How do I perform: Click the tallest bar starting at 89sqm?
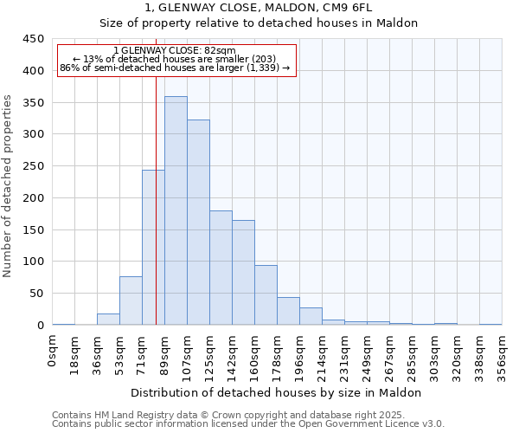[176, 210]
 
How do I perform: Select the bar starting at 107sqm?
[198, 223]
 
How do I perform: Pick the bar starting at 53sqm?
[131, 301]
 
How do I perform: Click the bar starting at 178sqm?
[288, 311]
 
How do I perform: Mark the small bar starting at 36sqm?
[108, 320]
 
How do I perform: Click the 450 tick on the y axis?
[34, 39]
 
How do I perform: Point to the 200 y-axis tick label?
[34, 198]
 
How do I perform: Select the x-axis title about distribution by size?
[277, 392]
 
